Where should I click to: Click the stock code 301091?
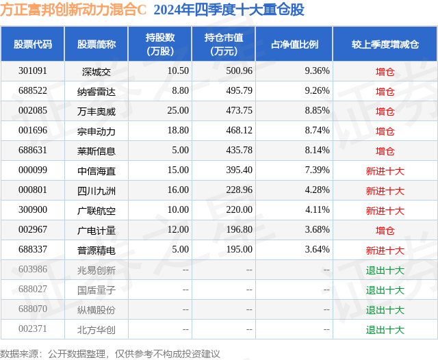click(33, 71)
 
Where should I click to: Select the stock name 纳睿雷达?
click(96, 91)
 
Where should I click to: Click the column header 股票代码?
click(33, 44)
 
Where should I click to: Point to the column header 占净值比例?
click(294, 44)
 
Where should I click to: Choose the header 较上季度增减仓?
click(385, 44)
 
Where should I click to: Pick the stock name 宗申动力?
click(96, 131)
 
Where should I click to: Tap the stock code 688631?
click(33, 151)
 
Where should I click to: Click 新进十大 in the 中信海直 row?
click(385, 170)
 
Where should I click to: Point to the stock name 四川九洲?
click(96, 190)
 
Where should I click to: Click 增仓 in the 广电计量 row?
click(385, 231)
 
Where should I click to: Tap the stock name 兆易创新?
click(96, 270)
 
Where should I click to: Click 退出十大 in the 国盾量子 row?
click(385, 290)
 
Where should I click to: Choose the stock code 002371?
click(33, 330)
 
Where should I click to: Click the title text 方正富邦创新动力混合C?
click(74, 10)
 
